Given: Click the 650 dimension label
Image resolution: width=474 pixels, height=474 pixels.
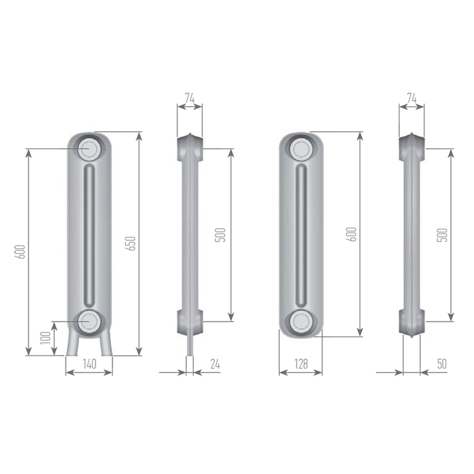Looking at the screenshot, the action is (x=131, y=243).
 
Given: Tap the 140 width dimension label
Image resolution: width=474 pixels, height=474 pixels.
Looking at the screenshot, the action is (x=89, y=364).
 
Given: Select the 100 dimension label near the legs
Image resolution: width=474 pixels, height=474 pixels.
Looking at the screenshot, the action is (x=45, y=338).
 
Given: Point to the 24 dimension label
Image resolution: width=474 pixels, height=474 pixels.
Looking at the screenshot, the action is (x=215, y=364).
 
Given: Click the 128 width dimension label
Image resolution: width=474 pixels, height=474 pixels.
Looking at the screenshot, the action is (x=301, y=364).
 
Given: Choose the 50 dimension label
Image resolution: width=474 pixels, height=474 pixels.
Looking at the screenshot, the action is (x=441, y=364).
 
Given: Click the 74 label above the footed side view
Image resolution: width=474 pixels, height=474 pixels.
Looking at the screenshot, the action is (x=190, y=98).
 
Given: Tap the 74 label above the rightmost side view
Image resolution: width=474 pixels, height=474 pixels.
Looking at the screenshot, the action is (x=412, y=98).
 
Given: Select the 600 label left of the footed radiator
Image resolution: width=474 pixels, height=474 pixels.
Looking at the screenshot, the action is (x=20, y=251).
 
